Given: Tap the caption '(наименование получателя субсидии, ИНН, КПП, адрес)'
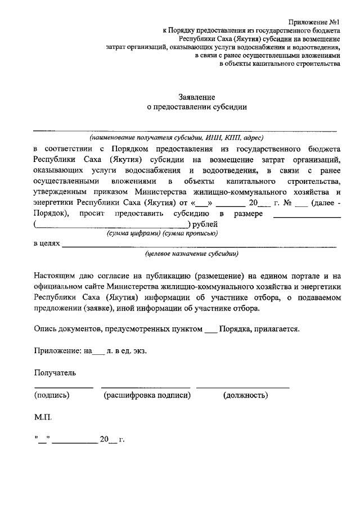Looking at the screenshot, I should click(176, 138).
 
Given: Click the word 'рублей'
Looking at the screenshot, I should click(205, 224).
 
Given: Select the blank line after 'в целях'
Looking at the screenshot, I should click(200, 247).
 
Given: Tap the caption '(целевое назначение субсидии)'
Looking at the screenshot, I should click(191, 254).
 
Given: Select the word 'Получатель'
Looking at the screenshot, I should click(55, 372).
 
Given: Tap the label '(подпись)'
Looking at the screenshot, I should click(52, 395).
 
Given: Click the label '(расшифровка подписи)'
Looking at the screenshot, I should click(147, 395).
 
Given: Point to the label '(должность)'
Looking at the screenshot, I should click(245, 395).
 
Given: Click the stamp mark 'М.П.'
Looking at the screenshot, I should click(43, 418).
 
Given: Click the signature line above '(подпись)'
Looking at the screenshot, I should click(64, 388).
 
